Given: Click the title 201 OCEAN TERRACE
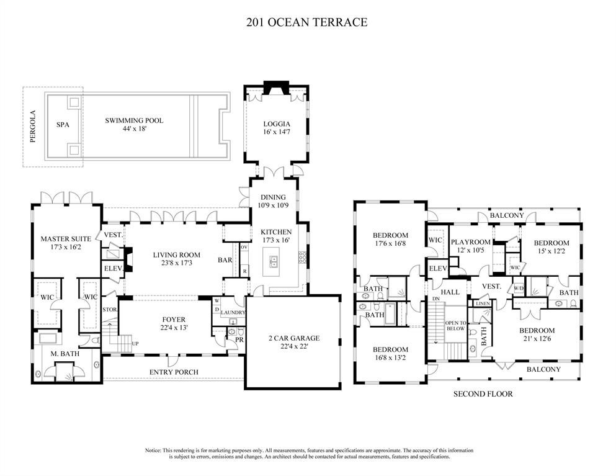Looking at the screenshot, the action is pos(307,22).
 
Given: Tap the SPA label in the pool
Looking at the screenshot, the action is pos(63,125).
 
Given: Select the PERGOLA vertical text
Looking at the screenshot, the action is pos(33,126).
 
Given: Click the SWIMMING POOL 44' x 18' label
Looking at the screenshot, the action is pos(134,124).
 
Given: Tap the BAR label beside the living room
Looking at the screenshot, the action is pos(225,260).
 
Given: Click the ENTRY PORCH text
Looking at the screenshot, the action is pos(174,372).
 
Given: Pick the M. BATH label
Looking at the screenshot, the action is pos(65,354).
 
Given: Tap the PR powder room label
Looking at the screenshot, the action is pos(239,340).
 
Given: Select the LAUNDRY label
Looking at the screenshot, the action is pos(233,313).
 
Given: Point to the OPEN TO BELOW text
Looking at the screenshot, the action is pos(455,325).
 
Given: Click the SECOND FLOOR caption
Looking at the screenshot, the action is pos(483,394).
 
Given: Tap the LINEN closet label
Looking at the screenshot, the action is pos(483,304).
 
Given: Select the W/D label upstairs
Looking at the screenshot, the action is pos(519,288).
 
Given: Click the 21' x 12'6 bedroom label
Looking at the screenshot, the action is pos(537,338).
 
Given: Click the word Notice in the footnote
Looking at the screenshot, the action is pos(153,451).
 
